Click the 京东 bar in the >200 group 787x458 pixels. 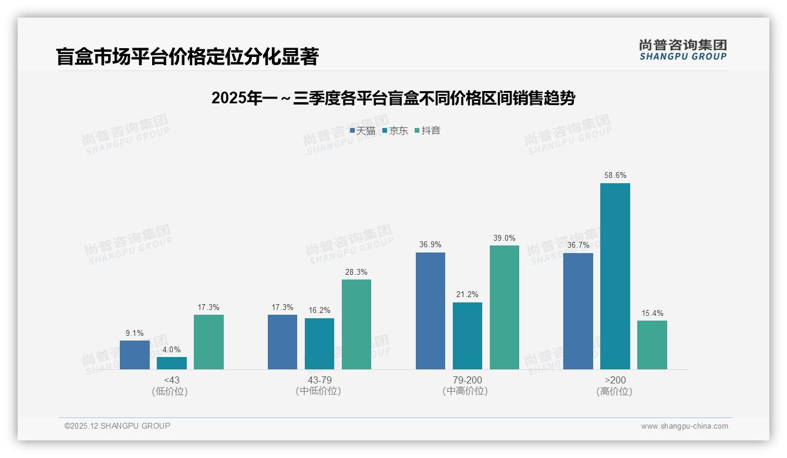[x=615, y=276]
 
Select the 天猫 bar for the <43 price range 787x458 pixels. [x=134, y=355]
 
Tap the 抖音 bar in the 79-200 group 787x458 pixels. [x=505, y=307]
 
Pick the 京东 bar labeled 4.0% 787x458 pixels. [x=171, y=363]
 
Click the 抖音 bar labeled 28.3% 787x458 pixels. [x=356, y=324]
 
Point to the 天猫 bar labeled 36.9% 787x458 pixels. [x=431, y=311]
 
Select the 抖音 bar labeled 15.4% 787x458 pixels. [x=652, y=345]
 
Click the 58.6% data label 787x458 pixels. [x=615, y=175]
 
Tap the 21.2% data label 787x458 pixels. [x=468, y=294]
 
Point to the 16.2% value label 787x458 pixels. [x=319, y=310]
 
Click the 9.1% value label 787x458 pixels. [x=134, y=333]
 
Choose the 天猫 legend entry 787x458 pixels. [x=362, y=130]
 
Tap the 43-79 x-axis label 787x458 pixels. [x=319, y=380]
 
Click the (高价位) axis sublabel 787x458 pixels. [x=615, y=391]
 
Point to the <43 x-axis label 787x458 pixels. [x=171, y=380]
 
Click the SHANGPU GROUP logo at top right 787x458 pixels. [x=682, y=50]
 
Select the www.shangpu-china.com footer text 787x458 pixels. [x=684, y=426]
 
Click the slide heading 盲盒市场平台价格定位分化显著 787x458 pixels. [x=187, y=57]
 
